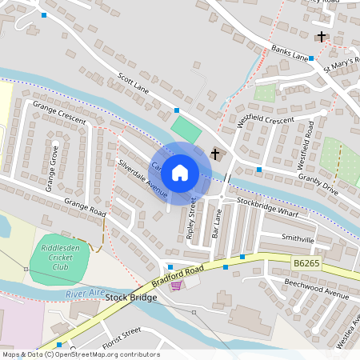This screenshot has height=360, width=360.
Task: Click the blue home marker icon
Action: pyautogui.click(x=180, y=172)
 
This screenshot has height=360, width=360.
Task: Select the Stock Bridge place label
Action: pyautogui.click(x=130, y=298)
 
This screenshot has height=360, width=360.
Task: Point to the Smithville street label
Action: pyautogui.click(x=299, y=238)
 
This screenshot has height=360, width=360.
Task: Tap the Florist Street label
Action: pyautogui.click(x=121, y=333)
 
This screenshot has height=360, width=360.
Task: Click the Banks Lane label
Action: pyautogui.click(x=289, y=53)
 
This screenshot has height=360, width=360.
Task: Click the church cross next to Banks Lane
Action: pyautogui.click(x=322, y=37)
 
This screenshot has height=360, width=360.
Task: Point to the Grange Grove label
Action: pyautogui.click(x=52, y=169)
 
